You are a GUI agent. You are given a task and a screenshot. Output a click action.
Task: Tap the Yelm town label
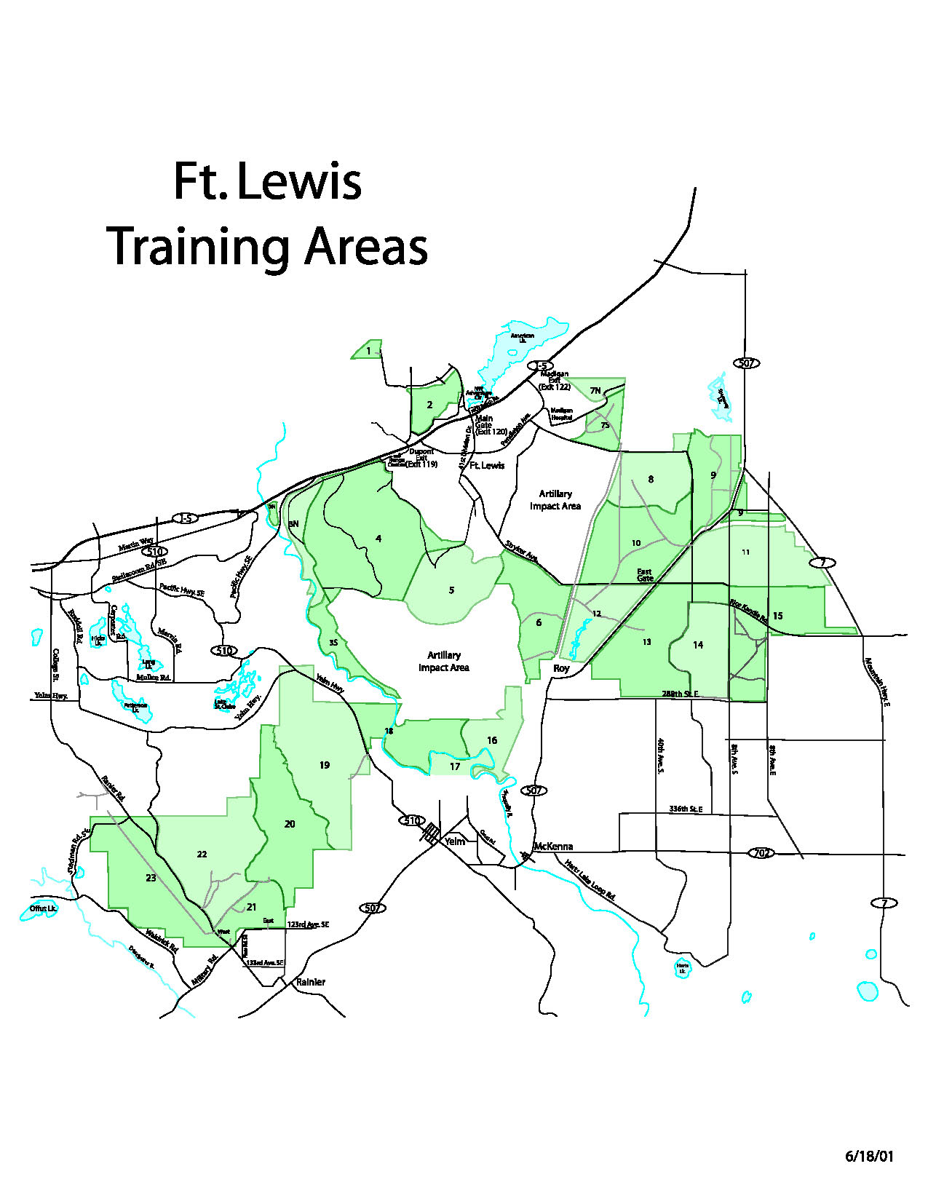(455, 841)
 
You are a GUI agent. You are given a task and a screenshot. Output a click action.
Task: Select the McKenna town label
(553, 847)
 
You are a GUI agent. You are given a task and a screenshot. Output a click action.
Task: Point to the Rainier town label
(311, 982)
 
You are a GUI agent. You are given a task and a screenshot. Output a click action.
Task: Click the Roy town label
(561, 668)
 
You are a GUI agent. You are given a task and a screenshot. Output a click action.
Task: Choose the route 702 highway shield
(762, 852)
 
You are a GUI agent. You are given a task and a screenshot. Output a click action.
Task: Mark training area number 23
(151, 878)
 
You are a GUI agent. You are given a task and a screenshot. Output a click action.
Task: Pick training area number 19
(325, 765)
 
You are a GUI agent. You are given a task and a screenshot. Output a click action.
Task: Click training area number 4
(378, 539)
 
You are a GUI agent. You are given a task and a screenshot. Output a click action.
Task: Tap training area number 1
(368, 351)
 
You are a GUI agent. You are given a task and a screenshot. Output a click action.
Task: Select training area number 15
(777, 616)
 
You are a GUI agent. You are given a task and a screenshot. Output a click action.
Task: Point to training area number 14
(698, 645)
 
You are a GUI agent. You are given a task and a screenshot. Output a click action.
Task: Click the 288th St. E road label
(680, 694)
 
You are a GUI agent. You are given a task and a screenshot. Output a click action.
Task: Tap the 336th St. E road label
(686, 809)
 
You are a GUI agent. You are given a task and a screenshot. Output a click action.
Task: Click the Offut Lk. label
(43, 908)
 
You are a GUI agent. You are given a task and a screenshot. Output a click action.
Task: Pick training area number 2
(429, 405)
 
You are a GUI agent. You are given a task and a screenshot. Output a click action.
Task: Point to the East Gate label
(645, 575)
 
